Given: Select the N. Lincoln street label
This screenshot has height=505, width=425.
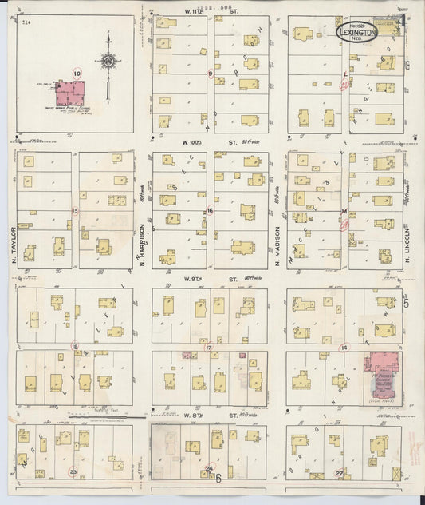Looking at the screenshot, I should point(407,239).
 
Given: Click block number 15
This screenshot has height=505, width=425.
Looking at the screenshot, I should point(75,211).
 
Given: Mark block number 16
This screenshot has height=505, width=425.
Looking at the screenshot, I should point(211,211).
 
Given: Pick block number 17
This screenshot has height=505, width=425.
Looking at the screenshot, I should point(209,348).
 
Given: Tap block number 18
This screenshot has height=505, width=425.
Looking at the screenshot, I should point(75,347).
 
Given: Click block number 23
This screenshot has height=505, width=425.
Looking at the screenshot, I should point(73,472).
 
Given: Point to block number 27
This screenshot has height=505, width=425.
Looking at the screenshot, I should point(340,473).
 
